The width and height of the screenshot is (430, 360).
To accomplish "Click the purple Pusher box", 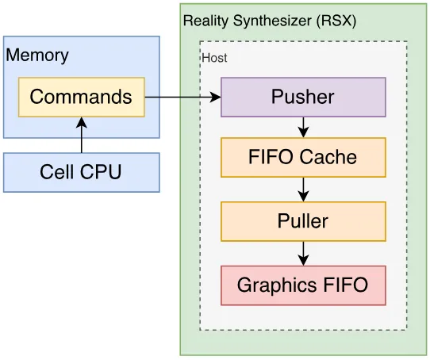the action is click(x=303, y=98).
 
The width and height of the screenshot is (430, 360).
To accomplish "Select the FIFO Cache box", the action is click(x=303, y=157).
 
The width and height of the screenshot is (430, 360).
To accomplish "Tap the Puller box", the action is click(x=303, y=221).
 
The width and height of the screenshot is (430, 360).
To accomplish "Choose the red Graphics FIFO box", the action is click(x=303, y=285).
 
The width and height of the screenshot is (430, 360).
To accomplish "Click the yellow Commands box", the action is click(x=82, y=98).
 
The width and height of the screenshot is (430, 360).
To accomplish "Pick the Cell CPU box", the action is click(x=82, y=172).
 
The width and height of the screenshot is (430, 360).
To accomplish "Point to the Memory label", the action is click(x=37, y=56).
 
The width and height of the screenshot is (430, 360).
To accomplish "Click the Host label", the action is click(x=214, y=58).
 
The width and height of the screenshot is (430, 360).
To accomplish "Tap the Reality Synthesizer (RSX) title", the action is click(x=270, y=21).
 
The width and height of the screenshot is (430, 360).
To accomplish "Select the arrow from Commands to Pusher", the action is click(x=182, y=97).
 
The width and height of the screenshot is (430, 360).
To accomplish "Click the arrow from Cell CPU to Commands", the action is click(x=82, y=135).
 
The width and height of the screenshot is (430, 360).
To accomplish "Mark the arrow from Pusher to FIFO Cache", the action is click(x=303, y=128).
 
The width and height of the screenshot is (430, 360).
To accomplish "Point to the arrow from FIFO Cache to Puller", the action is click(x=303, y=190).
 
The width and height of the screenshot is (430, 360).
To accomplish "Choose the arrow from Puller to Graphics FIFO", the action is click(x=303, y=254).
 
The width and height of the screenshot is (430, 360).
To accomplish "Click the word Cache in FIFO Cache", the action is click(x=328, y=157).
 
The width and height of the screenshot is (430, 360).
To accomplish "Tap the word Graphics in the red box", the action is click(x=278, y=286).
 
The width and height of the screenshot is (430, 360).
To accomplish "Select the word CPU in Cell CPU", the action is click(x=101, y=172).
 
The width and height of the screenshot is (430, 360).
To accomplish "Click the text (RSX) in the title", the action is click(x=336, y=21).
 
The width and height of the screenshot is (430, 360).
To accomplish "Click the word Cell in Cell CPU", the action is click(x=58, y=172).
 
